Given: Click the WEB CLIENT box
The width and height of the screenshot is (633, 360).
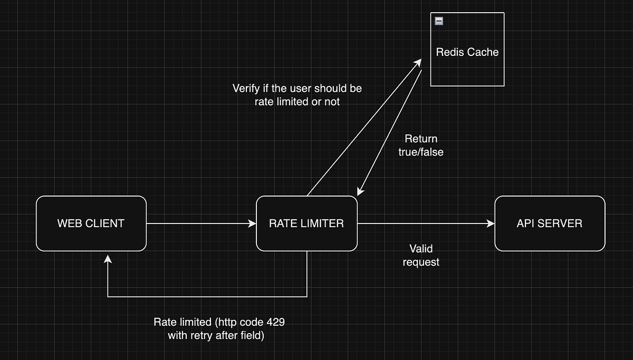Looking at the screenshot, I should (91, 223).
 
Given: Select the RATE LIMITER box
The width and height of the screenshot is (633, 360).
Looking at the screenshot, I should (306, 223).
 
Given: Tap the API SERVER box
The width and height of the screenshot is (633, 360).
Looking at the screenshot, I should (550, 223).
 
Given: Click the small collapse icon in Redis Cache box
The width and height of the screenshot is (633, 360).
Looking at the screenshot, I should (439, 21).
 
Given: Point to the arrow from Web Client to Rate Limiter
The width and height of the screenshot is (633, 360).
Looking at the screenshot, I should (200, 223).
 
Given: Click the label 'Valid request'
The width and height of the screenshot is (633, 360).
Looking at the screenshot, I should (421, 255).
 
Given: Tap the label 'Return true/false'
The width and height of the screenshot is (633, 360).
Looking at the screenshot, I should (421, 145).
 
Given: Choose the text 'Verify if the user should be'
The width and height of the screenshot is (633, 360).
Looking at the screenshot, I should (297, 88).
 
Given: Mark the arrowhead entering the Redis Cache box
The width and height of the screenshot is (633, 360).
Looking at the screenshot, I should (418, 62).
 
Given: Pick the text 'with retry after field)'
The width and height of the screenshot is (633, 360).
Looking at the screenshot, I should (216, 335).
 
